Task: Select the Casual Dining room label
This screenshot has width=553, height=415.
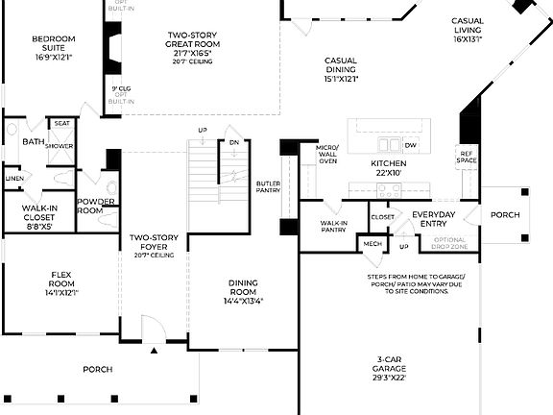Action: pos(341,69)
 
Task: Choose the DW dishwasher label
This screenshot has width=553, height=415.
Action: pos(410,145)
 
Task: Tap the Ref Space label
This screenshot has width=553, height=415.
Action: pos(467,158)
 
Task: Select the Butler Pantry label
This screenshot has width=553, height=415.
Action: pos(268,186)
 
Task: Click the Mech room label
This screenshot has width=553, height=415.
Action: pos(372,244)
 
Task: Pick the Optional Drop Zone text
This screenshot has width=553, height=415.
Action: pos(450,243)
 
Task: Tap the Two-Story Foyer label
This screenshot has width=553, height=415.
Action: pos(154,244)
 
